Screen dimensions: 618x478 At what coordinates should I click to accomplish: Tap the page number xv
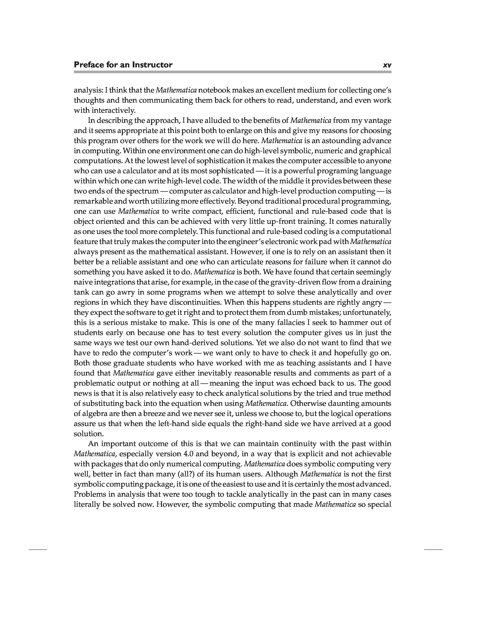pyautogui.click(x=387, y=65)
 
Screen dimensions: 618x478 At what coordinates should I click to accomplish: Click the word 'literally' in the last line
pyautogui.click(x=86, y=504)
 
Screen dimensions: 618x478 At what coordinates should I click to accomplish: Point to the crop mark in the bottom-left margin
pyautogui.click(x=38, y=549)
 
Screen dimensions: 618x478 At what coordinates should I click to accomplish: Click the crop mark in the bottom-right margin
pyautogui.click(x=433, y=549)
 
